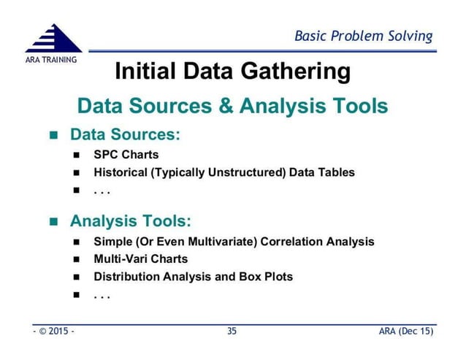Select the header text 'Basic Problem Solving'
click(363, 36)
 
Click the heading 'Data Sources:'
click(125, 135)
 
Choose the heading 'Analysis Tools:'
click(131, 221)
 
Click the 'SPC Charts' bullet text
click(126, 155)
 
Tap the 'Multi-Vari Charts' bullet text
click(140, 259)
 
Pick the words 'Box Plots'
click(266, 277)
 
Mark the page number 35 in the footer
click(232, 332)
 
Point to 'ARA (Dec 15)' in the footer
click(405, 332)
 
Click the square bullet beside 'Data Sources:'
click(53, 136)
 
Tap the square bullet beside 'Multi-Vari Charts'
click(77, 259)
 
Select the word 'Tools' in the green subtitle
click(356, 107)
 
